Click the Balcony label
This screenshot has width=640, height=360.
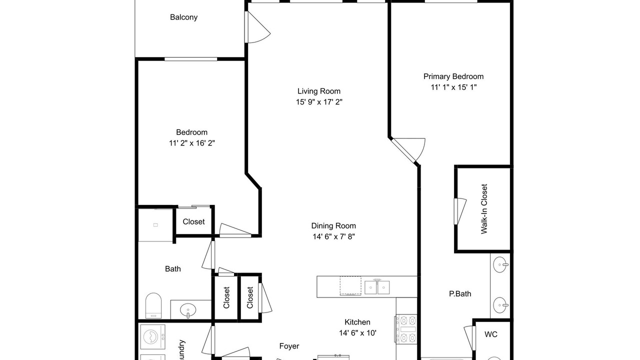click(x=183, y=17)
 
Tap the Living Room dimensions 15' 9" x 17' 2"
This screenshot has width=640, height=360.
click(x=319, y=102)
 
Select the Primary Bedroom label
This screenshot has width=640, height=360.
click(x=453, y=76)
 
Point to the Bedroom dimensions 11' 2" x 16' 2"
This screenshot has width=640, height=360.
click(x=191, y=143)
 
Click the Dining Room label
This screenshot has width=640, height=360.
click(x=333, y=225)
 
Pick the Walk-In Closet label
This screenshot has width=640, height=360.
click(x=484, y=209)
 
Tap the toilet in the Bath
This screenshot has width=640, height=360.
click(x=153, y=305)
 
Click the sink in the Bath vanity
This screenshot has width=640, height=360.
click(x=188, y=310)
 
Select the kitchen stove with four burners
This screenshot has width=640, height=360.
click(x=406, y=328)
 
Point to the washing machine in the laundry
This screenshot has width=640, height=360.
click(x=153, y=336)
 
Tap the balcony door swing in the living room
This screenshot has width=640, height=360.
click(x=257, y=27)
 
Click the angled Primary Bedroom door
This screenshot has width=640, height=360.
click(x=408, y=150)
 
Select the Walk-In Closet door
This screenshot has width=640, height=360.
click(x=459, y=211)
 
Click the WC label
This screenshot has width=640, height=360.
click(x=491, y=334)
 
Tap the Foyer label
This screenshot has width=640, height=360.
click(x=289, y=346)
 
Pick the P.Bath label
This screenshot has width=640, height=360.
click(x=460, y=293)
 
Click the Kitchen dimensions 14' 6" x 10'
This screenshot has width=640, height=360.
click(x=357, y=333)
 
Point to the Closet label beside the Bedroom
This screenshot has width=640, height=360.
click(x=193, y=221)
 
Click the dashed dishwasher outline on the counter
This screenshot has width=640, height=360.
click(x=350, y=285)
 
